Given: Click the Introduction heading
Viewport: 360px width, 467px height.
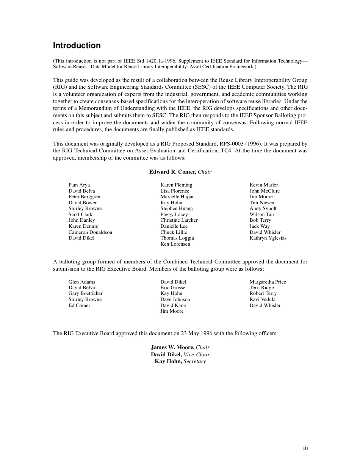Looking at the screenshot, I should [x=77, y=45].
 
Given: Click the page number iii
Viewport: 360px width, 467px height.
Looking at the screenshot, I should [x=305, y=448].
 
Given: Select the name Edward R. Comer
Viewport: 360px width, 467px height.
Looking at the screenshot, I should [x=172, y=172].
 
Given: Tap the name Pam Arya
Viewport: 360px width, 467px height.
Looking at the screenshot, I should [x=79, y=185].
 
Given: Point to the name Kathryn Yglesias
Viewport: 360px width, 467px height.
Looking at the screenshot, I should [x=268, y=238].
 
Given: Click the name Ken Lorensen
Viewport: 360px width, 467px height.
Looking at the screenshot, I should [x=175, y=244].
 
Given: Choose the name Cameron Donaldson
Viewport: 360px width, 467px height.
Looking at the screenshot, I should [x=90, y=232].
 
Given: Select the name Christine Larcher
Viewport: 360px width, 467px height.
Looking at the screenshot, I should [x=179, y=220].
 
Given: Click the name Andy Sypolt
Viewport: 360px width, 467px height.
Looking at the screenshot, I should [x=263, y=208].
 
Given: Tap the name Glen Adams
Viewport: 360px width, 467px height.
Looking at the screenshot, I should [x=82, y=282].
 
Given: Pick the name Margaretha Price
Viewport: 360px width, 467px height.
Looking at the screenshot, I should [x=268, y=282].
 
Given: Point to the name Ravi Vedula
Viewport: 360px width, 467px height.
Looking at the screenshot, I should [x=262, y=299].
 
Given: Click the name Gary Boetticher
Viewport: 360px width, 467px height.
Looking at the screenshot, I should [x=85, y=293].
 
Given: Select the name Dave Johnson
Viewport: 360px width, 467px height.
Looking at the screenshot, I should [x=175, y=299].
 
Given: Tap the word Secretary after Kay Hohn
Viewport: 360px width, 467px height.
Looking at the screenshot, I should [x=194, y=362].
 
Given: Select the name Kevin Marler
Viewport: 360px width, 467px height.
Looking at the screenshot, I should [x=263, y=185].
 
